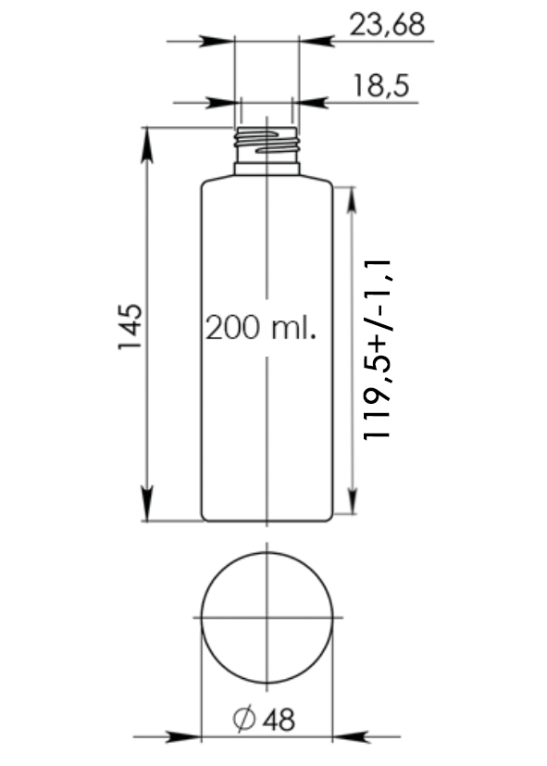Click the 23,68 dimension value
click(x=387, y=24)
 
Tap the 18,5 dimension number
click(x=380, y=86)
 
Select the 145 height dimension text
click(x=131, y=327)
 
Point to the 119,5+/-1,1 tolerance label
click(x=378, y=349)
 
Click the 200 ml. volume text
click(x=261, y=327)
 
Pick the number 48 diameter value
click(x=280, y=720)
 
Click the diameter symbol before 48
click(x=244, y=719)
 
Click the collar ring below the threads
click(x=267, y=169)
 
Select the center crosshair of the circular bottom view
click(x=267, y=618)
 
